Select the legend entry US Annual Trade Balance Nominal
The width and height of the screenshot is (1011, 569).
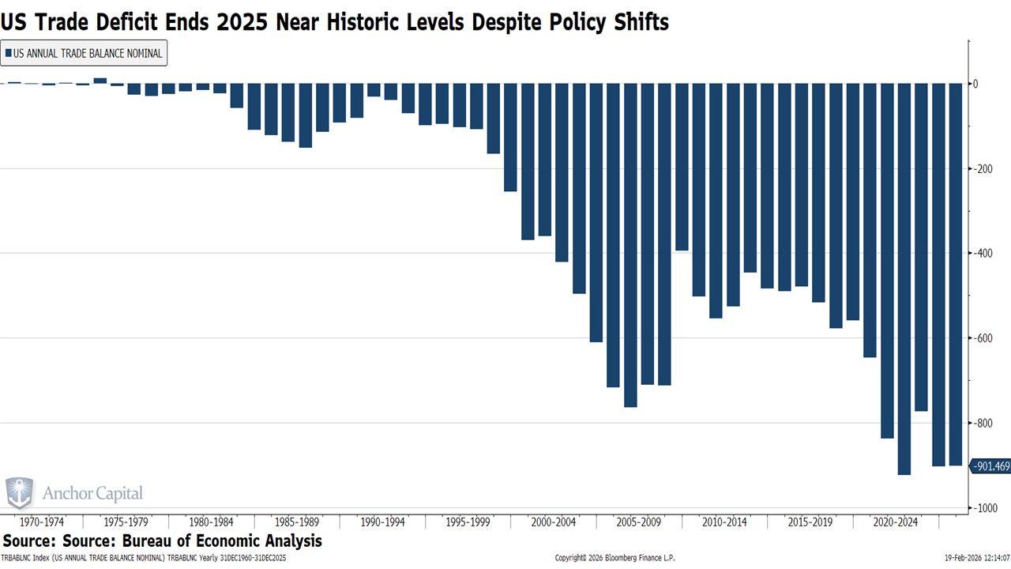(x=87, y=54)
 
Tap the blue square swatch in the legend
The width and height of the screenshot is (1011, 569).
(x=8, y=54)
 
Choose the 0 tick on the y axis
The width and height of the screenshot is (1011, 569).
(x=975, y=84)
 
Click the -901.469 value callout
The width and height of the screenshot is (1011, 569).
(x=990, y=466)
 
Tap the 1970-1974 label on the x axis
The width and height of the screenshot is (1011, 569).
(x=41, y=522)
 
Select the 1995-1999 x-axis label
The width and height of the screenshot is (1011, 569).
(x=468, y=522)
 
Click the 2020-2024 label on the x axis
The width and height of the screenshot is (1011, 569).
(x=895, y=522)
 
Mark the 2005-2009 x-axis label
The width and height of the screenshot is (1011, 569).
(x=638, y=522)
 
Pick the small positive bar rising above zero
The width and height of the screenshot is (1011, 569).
(x=100, y=81)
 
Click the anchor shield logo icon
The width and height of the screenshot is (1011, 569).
(x=20, y=493)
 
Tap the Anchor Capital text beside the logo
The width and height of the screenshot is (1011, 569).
(x=92, y=494)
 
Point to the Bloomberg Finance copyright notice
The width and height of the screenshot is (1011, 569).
(x=614, y=558)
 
